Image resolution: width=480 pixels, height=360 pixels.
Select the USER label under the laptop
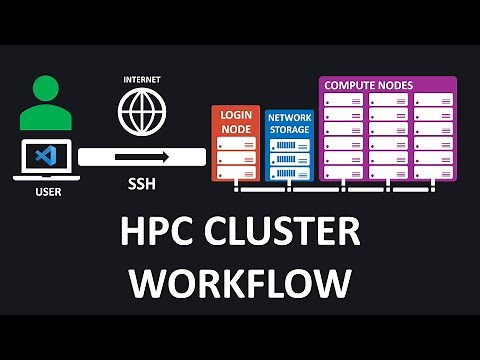pyautogui.click(x=46, y=191)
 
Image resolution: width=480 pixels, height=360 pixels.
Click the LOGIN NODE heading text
pyautogui.click(x=235, y=122)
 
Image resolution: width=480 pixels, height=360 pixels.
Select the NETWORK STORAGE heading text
pyautogui.click(x=289, y=123)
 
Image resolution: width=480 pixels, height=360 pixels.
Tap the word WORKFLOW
pyautogui.click(x=240, y=283)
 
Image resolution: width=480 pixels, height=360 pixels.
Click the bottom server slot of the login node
pyautogui.click(x=236, y=172)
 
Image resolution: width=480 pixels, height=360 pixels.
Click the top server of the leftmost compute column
pyautogui.click(x=342, y=100)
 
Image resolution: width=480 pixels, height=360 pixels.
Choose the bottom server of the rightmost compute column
pyautogui.click(x=433, y=173)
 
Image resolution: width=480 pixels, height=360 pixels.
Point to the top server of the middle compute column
pyautogui.click(x=388, y=100)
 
